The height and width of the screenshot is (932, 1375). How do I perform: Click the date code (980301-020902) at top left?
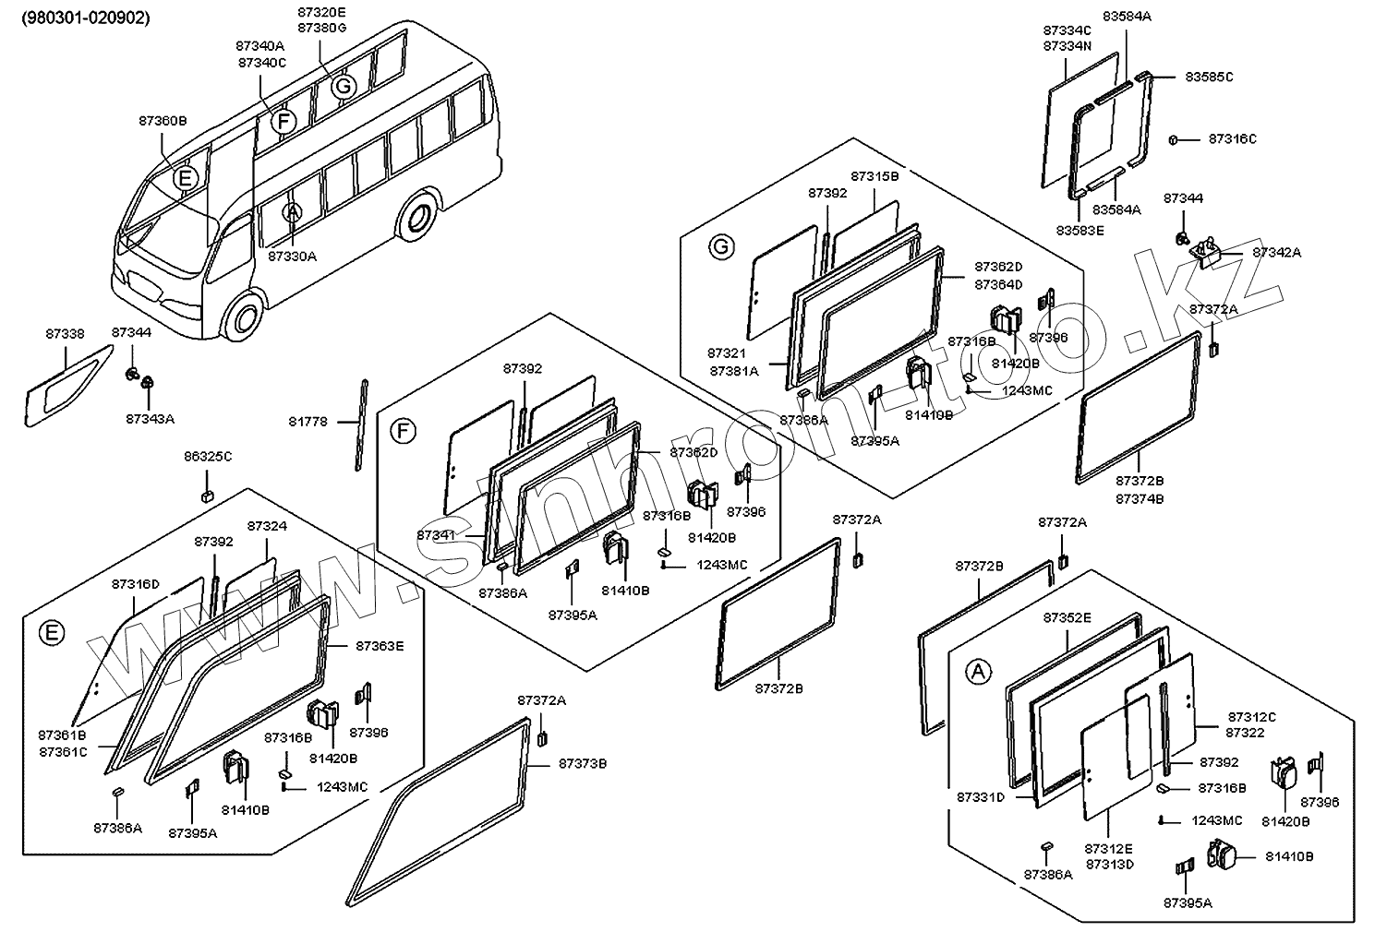(x=85, y=18)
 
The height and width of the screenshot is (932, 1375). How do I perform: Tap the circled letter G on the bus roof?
(x=343, y=87)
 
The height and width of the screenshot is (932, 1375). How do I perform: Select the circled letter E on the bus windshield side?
(x=186, y=178)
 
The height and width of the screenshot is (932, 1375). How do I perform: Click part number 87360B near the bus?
(x=163, y=121)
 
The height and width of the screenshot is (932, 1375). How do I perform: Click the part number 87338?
(x=63, y=333)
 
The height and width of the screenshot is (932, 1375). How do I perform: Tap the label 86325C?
(x=207, y=456)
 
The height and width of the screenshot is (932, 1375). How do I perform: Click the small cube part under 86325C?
(x=208, y=496)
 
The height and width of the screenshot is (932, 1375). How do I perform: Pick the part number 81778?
(x=310, y=422)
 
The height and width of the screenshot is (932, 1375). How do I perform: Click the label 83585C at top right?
(x=1208, y=77)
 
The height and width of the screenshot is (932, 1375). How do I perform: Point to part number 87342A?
(x=1276, y=252)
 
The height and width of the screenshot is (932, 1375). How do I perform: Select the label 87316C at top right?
(x=1232, y=139)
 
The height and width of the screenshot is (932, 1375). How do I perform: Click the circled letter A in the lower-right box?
(x=978, y=672)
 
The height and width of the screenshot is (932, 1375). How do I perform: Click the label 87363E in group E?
(x=380, y=646)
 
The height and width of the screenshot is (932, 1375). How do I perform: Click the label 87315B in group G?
(x=874, y=175)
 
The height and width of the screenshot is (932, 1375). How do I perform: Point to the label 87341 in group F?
(x=435, y=534)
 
